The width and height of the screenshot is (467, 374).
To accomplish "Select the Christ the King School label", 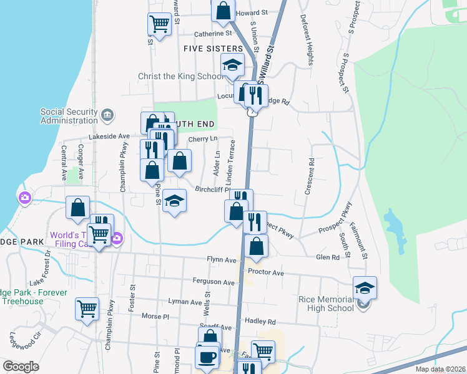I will tap(180, 77).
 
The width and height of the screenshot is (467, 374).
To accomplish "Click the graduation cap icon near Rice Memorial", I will tap(365, 287).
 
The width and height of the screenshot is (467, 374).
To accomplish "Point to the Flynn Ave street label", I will tap(222, 260).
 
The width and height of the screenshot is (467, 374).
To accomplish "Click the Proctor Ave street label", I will tap(265, 273).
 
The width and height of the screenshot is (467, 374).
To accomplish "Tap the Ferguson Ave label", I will tap(214, 282).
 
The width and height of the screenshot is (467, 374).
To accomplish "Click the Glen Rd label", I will tap(327, 257).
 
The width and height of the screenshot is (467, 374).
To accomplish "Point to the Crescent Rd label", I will tap(308, 176).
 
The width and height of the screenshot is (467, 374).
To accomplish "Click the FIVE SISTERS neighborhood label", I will tap(213, 49).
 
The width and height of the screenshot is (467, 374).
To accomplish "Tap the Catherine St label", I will tap(213, 34).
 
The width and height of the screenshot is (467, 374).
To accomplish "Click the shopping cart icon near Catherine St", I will tap(159, 24).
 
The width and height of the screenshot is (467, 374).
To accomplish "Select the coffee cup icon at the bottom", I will tap(207, 357).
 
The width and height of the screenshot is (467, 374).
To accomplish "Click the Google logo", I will tap(21, 367).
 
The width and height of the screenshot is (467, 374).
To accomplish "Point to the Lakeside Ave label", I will tap(109, 136).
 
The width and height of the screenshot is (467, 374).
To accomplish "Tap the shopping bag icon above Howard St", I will tap(223, 10).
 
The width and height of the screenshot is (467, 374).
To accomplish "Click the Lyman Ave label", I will tap(185, 301).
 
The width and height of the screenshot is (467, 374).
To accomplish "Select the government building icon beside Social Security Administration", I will tap(107, 115).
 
